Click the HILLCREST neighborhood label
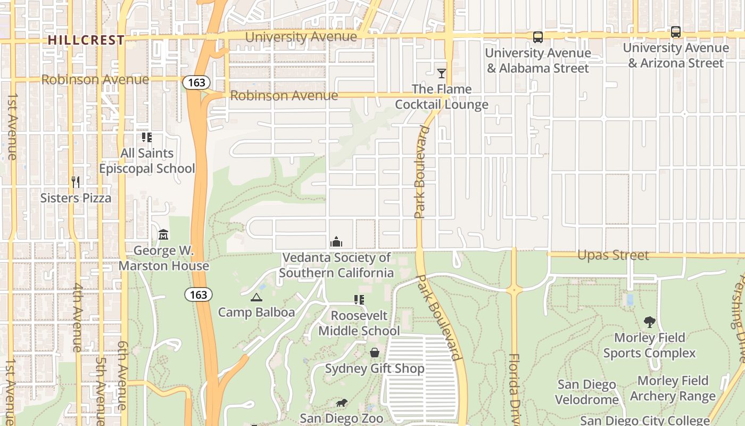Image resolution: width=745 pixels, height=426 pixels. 86,40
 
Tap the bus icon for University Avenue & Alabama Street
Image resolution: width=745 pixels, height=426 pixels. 538,37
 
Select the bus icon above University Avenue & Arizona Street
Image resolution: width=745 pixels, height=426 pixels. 675,32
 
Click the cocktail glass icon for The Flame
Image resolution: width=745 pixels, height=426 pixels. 442,73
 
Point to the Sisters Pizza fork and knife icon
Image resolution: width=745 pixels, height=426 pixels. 76,182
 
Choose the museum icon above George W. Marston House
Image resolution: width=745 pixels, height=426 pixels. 163,234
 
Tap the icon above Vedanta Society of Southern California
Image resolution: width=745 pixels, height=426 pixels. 336,242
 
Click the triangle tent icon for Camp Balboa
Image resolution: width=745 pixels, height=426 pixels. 256,297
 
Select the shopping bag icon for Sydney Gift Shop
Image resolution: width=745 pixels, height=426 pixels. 375,353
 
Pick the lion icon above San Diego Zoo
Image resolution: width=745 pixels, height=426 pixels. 341,403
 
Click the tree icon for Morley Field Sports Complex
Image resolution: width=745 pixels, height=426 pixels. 649,322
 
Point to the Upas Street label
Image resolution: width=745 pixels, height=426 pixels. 613,255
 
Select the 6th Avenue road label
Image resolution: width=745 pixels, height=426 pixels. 122,375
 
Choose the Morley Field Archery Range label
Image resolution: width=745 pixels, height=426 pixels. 673,388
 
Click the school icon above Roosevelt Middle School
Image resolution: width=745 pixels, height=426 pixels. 359,300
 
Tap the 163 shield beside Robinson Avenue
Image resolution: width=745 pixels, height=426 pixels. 196,83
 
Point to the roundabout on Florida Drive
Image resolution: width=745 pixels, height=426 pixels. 514,290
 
